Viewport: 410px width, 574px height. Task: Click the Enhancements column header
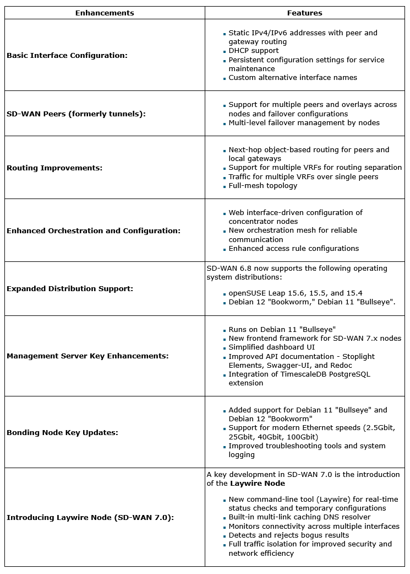105,13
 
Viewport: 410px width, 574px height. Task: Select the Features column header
304,13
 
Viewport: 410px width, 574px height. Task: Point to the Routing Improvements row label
54,168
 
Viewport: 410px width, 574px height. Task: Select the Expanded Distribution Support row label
70,288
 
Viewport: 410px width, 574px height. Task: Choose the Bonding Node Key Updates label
62,432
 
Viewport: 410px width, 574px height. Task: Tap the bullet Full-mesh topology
263,185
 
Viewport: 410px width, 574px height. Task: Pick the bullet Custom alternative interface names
293,77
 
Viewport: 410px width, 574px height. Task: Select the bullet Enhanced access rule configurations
293,248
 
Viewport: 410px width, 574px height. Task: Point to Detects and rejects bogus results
288,535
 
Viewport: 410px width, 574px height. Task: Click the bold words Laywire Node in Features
257,483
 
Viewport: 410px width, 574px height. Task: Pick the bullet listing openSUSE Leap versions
295,293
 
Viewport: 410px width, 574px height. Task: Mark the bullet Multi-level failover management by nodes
304,122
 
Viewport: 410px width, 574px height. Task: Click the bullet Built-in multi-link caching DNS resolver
299,517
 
